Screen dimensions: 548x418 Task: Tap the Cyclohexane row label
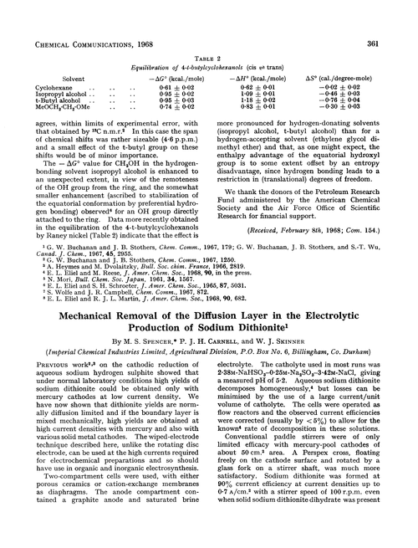point(55,86)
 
